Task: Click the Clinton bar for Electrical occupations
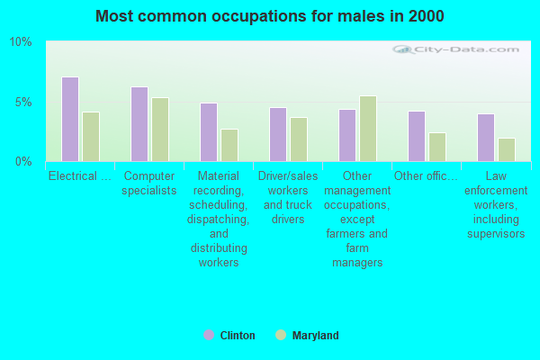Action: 70,119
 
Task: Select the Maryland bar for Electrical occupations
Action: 91,137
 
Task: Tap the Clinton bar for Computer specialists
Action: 139,124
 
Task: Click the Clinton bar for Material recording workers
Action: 209,132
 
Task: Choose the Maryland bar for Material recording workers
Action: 229,145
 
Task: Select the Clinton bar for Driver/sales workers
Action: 278,134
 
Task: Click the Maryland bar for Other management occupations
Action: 368,129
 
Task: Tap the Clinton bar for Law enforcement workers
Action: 486,138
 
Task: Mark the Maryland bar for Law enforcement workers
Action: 507,149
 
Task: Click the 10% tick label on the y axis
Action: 21,42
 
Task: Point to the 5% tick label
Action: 23,102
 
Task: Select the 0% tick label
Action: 23,161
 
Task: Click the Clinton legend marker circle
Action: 209,336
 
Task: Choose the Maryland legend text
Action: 315,336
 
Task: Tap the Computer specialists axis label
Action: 149,183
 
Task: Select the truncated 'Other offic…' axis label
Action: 427,175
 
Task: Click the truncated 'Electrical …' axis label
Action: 80,175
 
